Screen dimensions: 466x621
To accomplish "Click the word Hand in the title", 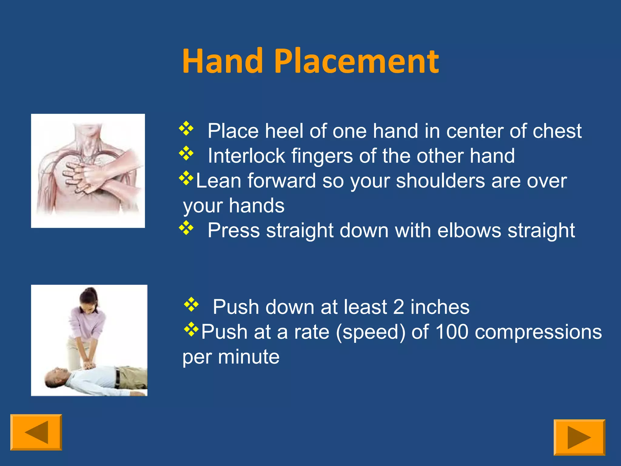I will tap(222, 61).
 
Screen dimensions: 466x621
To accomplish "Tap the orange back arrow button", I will tap(36, 432).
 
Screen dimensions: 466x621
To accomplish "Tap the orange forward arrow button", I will tap(579, 437).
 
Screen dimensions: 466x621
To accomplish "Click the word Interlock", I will tap(246, 156).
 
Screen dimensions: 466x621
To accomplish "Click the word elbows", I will tap(469, 231).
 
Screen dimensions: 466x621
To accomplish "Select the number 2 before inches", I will tap(398, 307).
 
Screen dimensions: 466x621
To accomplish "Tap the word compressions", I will tap(538, 332).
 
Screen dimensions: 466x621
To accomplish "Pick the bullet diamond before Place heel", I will tap(186, 128).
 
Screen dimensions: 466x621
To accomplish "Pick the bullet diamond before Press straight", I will tap(186, 228).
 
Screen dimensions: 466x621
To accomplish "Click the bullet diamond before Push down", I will tap(191, 304).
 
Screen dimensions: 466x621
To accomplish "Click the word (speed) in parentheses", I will tap(370, 332).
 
